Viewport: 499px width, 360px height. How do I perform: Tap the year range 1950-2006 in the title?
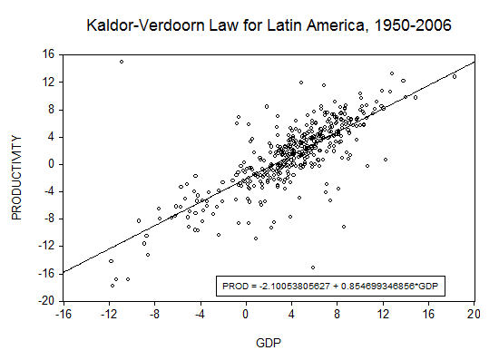(x=413, y=25)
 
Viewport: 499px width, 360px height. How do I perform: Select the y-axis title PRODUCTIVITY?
(x=16, y=178)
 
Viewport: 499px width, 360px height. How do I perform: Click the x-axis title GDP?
(x=269, y=343)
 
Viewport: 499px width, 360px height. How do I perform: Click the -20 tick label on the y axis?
(x=46, y=301)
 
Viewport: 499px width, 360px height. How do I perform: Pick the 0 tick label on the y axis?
(x=52, y=164)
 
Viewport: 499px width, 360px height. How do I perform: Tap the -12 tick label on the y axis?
(x=46, y=246)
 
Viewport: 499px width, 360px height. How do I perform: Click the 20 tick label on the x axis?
(x=474, y=314)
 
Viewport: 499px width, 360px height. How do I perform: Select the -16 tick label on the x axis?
(x=64, y=314)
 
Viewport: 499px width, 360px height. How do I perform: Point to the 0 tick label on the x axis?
(x=245, y=314)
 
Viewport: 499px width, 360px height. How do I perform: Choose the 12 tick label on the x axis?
(x=383, y=314)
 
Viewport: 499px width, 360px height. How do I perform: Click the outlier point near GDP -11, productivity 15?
(x=122, y=62)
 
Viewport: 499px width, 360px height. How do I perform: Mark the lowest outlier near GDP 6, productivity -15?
(x=313, y=268)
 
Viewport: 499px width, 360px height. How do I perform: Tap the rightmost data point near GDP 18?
(x=455, y=77)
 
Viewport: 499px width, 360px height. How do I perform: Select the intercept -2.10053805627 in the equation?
(x=294, y=287)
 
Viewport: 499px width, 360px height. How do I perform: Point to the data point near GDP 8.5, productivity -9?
(x=344, y=227)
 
